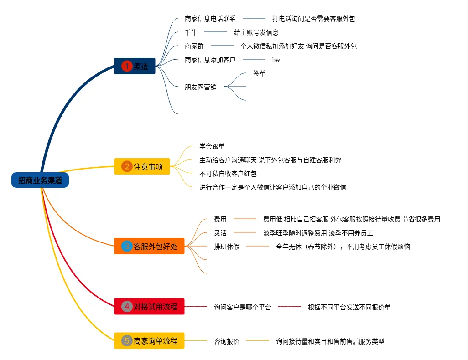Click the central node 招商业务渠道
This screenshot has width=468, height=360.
click(40, 180)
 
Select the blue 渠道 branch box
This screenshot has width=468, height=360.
click(135, 66)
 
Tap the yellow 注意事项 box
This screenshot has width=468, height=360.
click(142, 167)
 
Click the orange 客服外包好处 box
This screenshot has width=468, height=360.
click(149, 247)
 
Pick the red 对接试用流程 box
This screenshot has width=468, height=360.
click(149, 306)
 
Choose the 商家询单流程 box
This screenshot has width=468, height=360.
click(149, 340)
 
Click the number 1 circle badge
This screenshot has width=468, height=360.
click(126, 66)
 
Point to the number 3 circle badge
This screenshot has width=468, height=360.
click(127, 247)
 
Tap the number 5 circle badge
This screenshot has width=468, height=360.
click(127, 340)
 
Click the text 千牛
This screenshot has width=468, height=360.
click(191, 32)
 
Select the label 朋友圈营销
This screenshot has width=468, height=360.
click(201, 87)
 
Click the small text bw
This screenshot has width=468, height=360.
click(276, 60)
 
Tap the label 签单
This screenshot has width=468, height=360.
click(259, 73)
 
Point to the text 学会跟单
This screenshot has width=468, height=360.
click(212, 146)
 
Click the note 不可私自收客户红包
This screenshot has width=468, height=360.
click(228, 174)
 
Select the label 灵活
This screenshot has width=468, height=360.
click(220, 233)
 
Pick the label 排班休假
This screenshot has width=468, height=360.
click(227, 247)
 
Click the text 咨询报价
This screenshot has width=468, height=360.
click(227, 341)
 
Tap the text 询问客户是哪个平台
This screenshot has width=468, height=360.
click(243, 307)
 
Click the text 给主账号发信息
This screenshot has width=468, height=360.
click(256, 32)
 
